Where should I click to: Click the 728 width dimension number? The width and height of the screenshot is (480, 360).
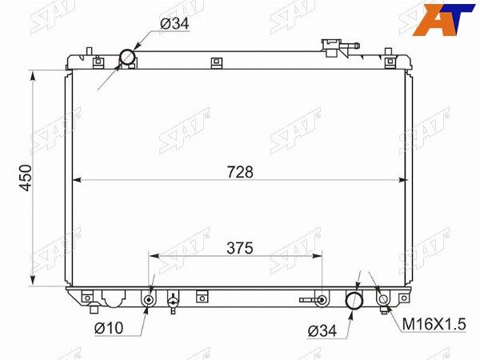(240, 172)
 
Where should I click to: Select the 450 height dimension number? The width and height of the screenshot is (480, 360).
(26, 178)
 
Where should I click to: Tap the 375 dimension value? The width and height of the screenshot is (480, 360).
(240, 248)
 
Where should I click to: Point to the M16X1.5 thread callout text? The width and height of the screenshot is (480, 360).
(434, 324)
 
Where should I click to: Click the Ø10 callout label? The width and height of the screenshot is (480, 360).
(109, 329)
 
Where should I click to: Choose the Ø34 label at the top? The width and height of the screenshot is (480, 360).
(174, 23)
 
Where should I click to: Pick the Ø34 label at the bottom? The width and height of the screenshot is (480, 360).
(322, 331)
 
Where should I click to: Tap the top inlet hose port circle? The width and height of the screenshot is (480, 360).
(127, 58)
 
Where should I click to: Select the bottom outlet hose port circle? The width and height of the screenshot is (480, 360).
(354, 301)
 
